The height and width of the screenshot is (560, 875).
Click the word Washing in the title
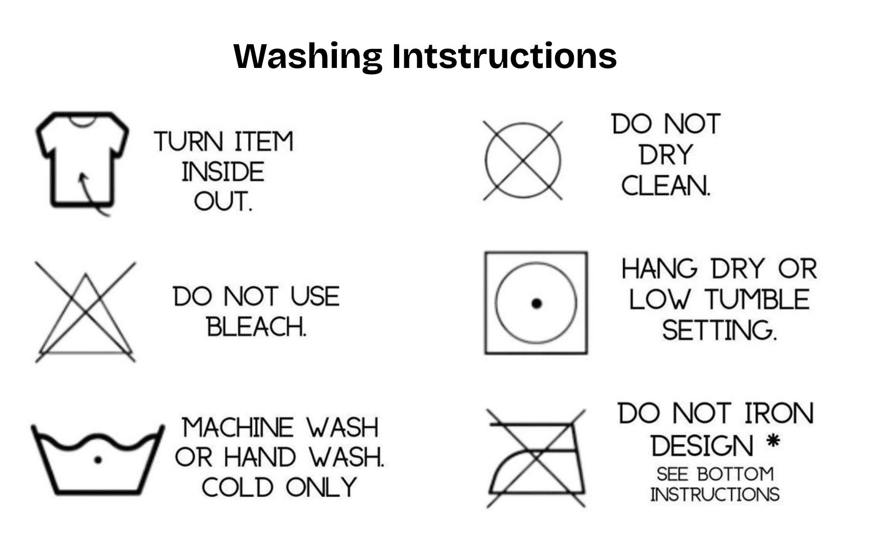[308, 56]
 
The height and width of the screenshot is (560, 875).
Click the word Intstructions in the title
[504, 56]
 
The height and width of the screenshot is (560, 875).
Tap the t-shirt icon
[81, 158]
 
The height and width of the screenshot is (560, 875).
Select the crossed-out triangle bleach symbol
[85, 313]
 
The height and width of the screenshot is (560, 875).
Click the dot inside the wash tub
[97, 459]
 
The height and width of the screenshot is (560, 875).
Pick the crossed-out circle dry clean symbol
[523, 160]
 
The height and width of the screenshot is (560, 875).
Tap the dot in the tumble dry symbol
[537, 303]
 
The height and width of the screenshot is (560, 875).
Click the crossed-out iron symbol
[537, 458]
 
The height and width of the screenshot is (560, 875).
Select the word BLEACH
[257, 327]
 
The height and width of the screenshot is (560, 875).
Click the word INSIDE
[223, 172]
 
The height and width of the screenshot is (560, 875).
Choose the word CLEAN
[666, 186]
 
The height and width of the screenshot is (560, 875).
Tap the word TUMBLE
[757, 300]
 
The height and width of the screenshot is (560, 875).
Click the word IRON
[779, 414]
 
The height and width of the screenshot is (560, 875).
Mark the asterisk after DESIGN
[773, 442]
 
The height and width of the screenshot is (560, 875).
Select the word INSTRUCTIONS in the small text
[715, 494]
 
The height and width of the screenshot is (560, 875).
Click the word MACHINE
[238, 428]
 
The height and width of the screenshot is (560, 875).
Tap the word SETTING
[719, 330]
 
